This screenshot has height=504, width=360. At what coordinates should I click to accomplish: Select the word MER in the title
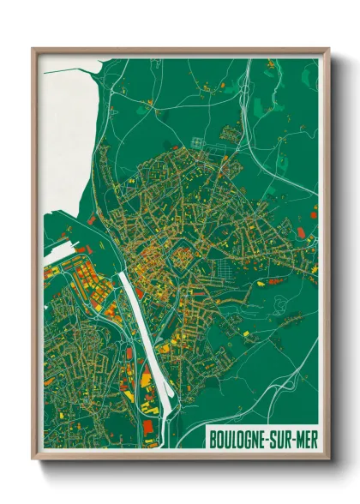tap(305, 440)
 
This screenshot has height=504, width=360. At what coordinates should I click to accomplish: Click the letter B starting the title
tap(213, 440)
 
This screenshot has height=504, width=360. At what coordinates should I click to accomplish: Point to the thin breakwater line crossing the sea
tap(77, 69)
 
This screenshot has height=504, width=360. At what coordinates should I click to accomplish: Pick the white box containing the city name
tap(261, 440)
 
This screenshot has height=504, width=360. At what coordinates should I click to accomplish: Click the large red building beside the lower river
tap(150, 423)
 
